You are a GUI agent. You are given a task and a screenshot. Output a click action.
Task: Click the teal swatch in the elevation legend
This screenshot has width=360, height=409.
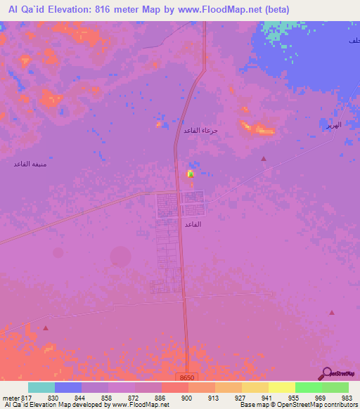41,387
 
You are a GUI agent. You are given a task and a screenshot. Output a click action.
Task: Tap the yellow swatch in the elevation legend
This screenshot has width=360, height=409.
281,387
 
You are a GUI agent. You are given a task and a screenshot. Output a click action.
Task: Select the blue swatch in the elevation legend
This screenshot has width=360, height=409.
68,387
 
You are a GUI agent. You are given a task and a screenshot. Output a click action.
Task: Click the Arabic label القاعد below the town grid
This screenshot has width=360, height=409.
193,223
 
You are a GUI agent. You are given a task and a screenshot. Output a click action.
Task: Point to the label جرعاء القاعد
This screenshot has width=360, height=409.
201,131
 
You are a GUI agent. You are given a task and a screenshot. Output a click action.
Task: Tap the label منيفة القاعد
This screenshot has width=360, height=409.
30,164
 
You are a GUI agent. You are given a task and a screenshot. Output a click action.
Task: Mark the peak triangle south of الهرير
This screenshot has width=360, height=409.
264,159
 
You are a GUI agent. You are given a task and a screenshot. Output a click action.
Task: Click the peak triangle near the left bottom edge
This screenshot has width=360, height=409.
46,327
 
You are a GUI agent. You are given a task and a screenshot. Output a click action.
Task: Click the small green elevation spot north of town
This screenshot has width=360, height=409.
189,173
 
